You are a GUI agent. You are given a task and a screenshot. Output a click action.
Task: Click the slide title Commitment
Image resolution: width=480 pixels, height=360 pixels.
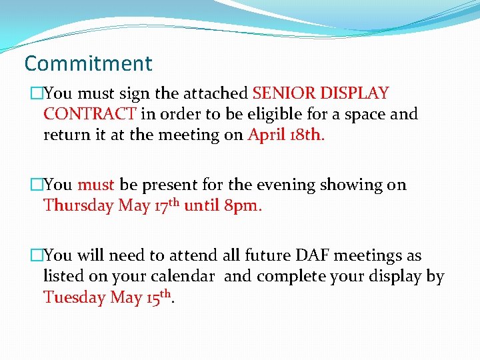(88, 64)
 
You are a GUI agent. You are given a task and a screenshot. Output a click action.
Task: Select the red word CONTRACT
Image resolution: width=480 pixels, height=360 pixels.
(90, 114)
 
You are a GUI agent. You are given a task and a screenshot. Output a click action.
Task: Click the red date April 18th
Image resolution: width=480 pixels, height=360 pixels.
(286, 135)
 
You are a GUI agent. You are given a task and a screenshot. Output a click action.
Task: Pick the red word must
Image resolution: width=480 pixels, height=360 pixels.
(96, 185)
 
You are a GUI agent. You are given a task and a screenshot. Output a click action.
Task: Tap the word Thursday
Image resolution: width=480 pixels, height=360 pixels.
(78, 205)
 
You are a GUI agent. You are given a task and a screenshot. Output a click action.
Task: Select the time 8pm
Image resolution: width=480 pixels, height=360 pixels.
(243, 205)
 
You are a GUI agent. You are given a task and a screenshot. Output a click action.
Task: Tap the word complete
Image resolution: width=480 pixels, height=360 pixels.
(286, 277)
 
